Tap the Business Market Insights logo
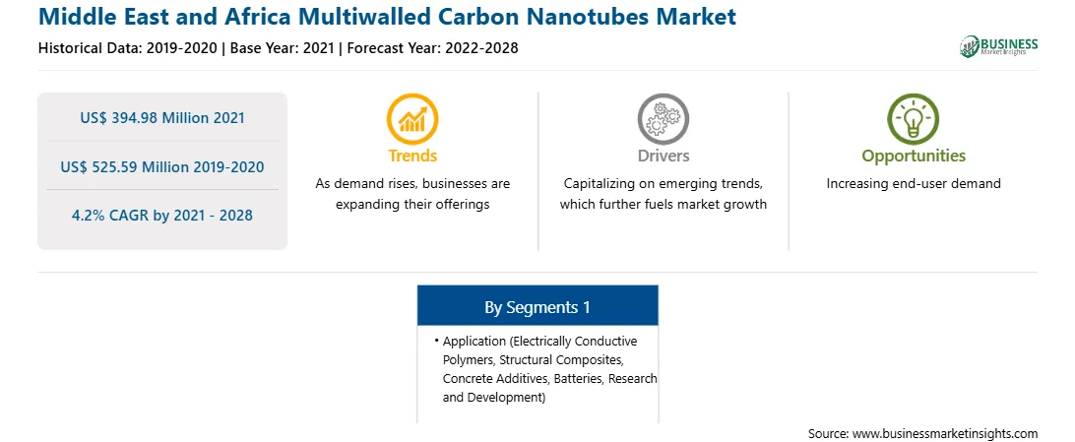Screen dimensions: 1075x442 pos(998,46)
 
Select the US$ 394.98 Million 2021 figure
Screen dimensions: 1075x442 pos(161,118)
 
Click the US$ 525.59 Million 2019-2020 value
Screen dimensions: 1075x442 pos(161,166)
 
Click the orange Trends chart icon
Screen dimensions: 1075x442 pos(412,118)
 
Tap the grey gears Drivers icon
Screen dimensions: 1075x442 pos(663,118)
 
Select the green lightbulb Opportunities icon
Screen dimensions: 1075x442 pos(914,118)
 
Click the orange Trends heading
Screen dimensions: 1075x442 pos(412,156)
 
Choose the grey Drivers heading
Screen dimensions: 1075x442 pos(663,156)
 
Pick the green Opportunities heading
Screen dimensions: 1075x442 pos(914,157)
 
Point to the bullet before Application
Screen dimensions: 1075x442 pos(437,340)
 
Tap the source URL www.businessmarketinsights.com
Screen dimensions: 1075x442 pos(945,433)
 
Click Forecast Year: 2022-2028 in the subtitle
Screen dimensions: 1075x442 pos(430,48)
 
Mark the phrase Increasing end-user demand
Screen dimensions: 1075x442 pos(914,184)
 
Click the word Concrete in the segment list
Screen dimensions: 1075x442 pos(464,378)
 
